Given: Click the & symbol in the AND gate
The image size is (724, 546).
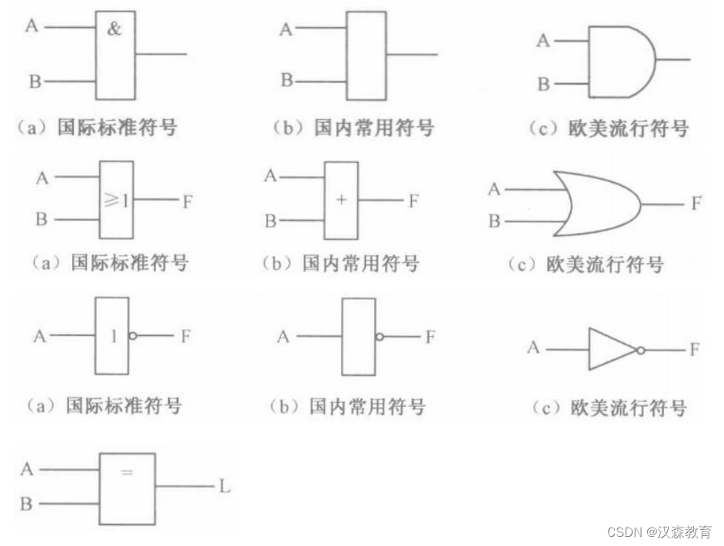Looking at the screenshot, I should pos(114,32).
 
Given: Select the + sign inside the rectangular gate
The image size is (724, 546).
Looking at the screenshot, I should pos(341,200).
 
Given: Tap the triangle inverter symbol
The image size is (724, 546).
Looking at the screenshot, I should pos(611,349).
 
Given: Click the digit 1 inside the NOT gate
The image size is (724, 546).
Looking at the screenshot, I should pos(114,336).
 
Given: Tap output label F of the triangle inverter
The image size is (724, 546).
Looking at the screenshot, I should pos(695,350).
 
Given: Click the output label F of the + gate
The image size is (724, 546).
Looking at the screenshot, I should pos(413,201).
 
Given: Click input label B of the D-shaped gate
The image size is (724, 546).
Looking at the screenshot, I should pos(543,84).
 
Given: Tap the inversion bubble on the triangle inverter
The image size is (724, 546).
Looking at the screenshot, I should pos(639,350).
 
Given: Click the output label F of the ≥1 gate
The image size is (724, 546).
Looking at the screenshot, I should pos(188,202).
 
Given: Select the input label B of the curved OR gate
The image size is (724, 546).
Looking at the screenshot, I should pos(494,221).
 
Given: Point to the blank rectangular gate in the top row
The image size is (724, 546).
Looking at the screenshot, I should pos(366,55).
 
